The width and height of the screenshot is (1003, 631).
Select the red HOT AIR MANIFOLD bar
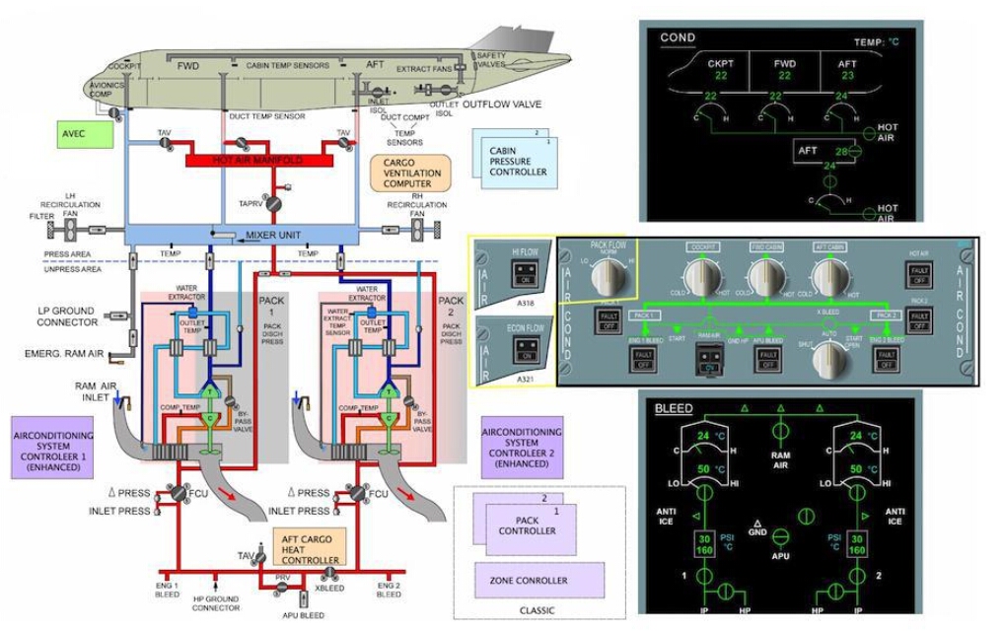tap(251, 159)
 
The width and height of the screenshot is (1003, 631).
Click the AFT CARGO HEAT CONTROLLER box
tap(310, 547)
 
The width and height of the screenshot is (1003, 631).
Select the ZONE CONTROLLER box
tap(538, 581)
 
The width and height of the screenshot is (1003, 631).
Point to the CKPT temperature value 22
tap(721, 76)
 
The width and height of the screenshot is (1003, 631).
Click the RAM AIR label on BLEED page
tap(780, 460)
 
